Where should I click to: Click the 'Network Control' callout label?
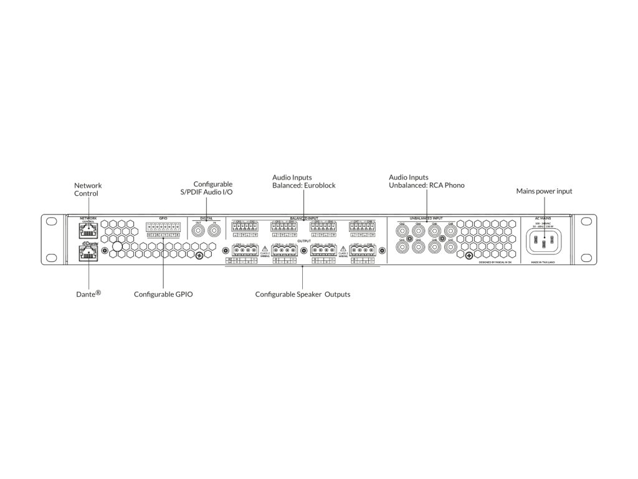tap(88, 189)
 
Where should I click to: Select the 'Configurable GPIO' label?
tap(163, 294)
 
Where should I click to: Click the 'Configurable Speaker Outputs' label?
tap(303, 294)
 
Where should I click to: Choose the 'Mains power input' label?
tap(544, 191)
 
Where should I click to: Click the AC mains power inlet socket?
tap(544, 241)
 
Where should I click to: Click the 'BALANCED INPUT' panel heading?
tap(303, 219)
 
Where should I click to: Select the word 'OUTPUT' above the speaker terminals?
tap(303, 241)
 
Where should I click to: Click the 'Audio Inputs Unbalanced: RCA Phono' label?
tap(427, 181)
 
